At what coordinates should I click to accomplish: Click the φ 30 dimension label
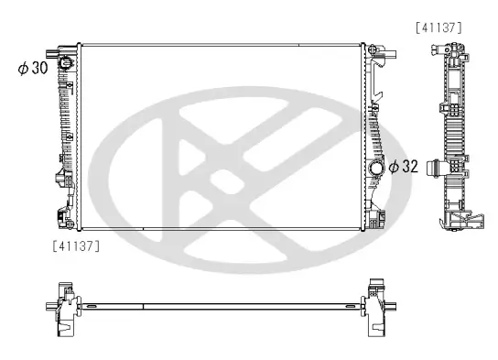coord(32,69)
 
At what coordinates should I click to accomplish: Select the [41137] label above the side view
coord(438,27)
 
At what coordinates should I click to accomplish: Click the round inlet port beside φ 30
coord(66,63)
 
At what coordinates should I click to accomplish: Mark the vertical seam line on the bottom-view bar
coord(143,303)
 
